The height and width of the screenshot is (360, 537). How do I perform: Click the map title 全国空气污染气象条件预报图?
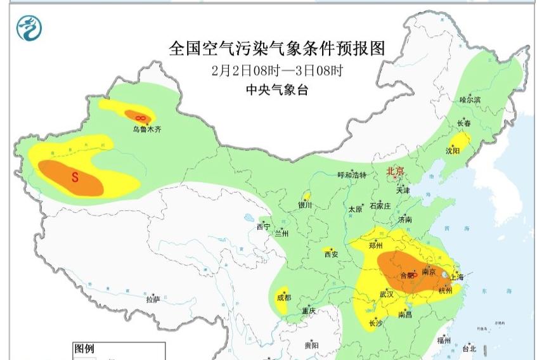click(277, 48)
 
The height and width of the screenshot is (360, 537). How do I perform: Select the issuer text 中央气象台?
click(277, 90)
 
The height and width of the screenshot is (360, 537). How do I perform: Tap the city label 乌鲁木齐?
click(147, 129)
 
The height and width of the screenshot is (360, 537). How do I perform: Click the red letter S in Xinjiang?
click(74, 177)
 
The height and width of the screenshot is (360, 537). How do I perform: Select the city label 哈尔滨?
click(470, 100)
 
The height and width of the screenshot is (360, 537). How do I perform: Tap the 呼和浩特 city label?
click(352, 176)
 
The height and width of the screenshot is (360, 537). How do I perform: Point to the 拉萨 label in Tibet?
click(152, 299)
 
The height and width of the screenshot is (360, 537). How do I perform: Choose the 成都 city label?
click(283, 297)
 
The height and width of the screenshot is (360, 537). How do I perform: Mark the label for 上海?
click(456, 277)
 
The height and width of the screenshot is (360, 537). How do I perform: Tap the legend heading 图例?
click(85, 349)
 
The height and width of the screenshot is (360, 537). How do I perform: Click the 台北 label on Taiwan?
click(469, 349)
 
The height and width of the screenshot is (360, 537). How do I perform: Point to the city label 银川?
click(305, 205)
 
